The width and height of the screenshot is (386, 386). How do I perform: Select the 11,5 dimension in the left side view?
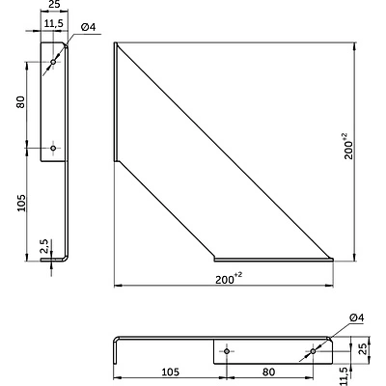coord(55,22)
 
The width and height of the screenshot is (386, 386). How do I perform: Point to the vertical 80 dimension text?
coord(20,102)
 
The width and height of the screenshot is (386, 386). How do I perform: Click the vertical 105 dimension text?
coord(20,204)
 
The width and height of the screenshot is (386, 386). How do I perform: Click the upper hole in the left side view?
coord(53,63)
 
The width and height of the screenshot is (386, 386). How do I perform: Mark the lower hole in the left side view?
coord(53,148)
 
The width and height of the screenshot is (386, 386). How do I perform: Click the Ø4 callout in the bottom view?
coord(354,317)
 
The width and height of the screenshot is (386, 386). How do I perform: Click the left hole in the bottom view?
coord(226,351)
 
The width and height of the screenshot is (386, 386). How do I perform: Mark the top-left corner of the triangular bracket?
coord(115,44)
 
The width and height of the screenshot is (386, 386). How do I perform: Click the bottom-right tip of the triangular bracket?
coord(333,259)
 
